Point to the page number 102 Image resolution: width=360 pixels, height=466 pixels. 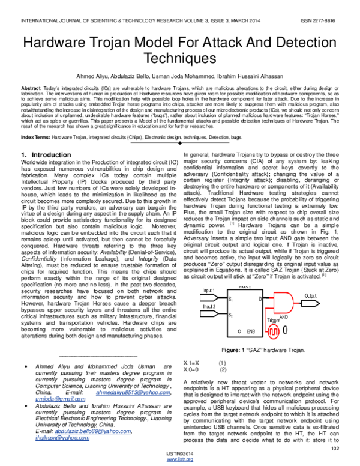click(x=335, y=447)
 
